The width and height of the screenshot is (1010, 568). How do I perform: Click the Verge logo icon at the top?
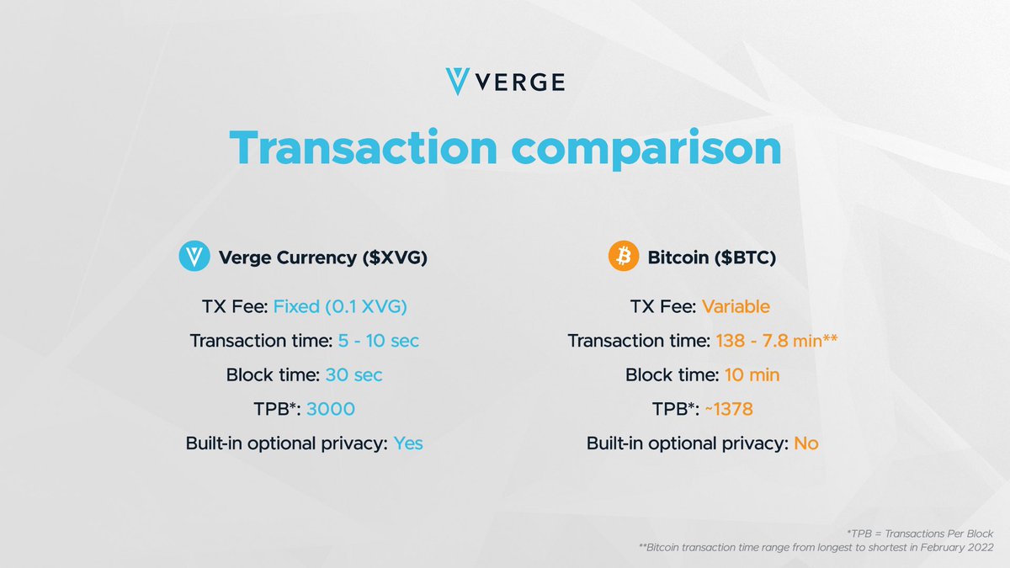point(460,82)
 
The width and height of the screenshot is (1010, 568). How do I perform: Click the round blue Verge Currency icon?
point(194,257)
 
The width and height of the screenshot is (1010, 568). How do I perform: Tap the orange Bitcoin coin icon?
point(624,257)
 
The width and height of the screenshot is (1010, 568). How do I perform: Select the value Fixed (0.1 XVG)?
point(340,307)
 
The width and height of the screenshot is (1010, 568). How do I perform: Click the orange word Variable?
point(736,307)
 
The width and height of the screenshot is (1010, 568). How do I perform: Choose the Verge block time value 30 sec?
point(353,375)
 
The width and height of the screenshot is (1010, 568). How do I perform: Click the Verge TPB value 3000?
point(331,409)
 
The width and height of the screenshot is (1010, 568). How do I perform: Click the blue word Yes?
point(408,443)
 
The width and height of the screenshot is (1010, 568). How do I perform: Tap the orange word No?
point(805,443)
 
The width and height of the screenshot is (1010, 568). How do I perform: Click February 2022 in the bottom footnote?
point(959,548)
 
